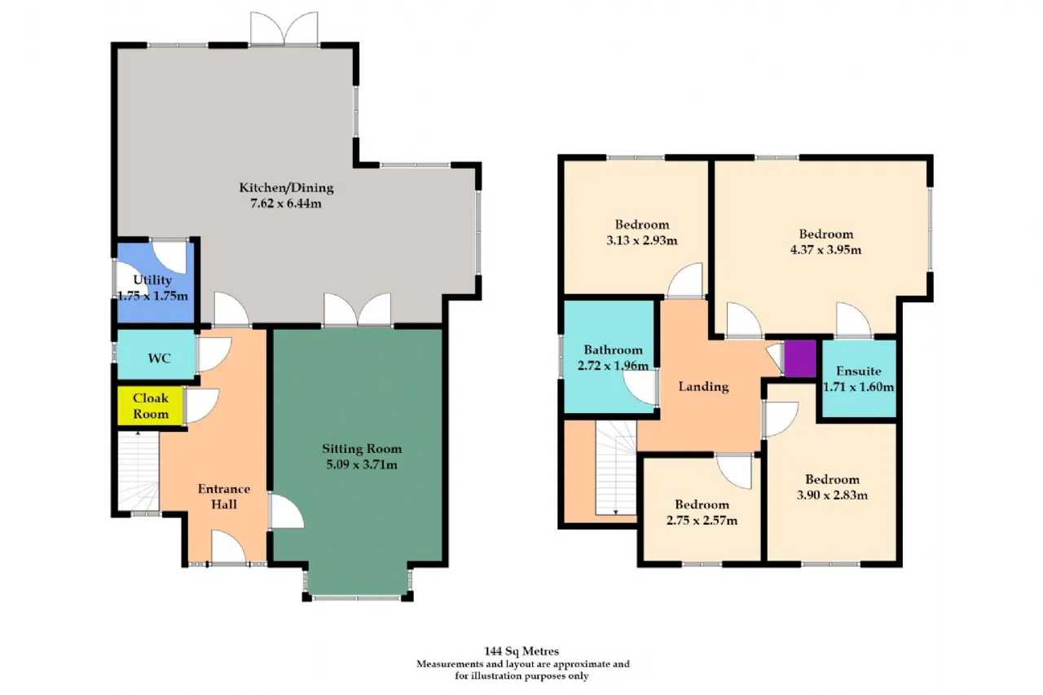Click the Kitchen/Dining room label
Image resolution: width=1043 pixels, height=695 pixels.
[x=286, y=188]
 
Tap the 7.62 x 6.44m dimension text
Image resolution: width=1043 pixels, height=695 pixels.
[x=286, y=204]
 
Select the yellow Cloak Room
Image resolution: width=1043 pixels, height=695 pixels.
[x=150, y=406]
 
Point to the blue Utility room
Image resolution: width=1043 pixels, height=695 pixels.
[x=155, y=282]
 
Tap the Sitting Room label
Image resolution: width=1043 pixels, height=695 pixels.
[x=362, y=449]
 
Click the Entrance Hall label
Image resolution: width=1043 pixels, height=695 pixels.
[x=224, y=497]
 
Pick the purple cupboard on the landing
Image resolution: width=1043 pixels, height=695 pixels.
[x=800, y=358]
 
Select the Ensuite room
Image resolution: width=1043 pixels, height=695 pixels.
[x=859, y=378]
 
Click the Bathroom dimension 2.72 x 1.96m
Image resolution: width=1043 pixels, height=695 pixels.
[x=613, y=366]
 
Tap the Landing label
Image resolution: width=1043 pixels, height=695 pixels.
[x=703, y=386]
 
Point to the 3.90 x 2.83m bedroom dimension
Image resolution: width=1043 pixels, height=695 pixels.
[x=832, y=495]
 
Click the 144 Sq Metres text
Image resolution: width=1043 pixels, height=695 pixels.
[x=521, y=651]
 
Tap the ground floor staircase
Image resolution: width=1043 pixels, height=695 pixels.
[x=139, y=471]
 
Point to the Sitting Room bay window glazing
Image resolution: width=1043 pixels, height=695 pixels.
[x=357, y=597]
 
